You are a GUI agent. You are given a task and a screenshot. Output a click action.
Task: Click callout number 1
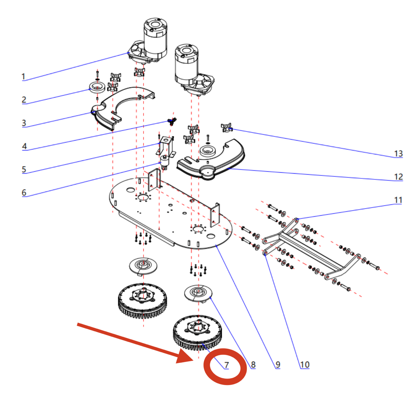(23, 77)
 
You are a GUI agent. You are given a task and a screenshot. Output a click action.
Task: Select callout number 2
(24, 100)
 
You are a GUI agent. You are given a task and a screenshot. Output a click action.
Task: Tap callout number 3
(24, 123)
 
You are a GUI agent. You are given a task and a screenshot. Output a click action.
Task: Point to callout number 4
(24, 146)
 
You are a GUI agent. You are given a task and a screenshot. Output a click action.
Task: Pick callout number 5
(24, 169)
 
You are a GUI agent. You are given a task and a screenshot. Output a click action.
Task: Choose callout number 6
(24, 193)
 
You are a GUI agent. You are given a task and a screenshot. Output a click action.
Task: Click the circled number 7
(227, 365)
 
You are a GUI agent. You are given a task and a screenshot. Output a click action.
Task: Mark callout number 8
(253, 365)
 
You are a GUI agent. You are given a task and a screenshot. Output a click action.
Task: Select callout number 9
(278, 365)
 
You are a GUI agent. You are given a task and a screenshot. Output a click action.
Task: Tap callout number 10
(305, 365)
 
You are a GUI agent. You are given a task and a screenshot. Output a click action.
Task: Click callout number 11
(398, 200)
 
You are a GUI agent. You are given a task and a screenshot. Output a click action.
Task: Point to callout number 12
(398, 177)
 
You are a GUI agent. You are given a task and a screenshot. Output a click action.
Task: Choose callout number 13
(398, 153)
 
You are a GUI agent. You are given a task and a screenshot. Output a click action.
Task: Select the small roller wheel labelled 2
(97, 88)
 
